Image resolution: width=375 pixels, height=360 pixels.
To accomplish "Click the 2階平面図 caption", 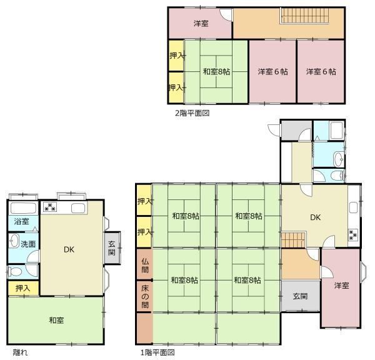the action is (192, 113).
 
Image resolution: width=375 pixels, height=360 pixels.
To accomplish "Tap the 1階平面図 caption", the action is (157, 352).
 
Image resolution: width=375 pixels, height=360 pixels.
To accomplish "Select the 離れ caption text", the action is (20, 352).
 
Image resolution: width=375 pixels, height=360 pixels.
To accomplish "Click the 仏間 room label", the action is (145, 266).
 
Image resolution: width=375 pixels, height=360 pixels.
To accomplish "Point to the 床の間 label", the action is (145, 296).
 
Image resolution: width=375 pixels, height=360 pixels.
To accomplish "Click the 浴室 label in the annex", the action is (21, 221).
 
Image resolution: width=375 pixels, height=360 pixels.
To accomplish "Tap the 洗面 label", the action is (28, 244).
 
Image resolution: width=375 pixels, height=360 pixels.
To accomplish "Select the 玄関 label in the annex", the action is (112, 248).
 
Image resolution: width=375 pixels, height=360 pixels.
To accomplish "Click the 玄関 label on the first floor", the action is (300, 296).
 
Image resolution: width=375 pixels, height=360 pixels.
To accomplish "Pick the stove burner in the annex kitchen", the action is (50, 207).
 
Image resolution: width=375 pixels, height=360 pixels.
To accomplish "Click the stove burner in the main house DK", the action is (353, 234).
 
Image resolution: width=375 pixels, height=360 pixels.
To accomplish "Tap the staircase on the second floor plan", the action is (305, 16).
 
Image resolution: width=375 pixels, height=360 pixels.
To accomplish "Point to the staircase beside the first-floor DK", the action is (294, 239).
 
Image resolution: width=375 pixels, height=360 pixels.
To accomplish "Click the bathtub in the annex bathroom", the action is (24, 208).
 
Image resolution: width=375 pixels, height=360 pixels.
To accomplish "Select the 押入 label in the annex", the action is (23, 288).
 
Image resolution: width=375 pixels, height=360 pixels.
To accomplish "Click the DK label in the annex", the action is (69, 250).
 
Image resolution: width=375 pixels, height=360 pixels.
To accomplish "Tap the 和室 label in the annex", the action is (56, 320).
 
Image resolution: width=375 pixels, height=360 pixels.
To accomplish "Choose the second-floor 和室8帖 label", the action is (216, 71).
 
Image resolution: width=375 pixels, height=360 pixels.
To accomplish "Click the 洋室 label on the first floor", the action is (341, 286).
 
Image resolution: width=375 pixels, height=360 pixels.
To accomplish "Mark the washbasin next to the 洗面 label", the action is (14, 241).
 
